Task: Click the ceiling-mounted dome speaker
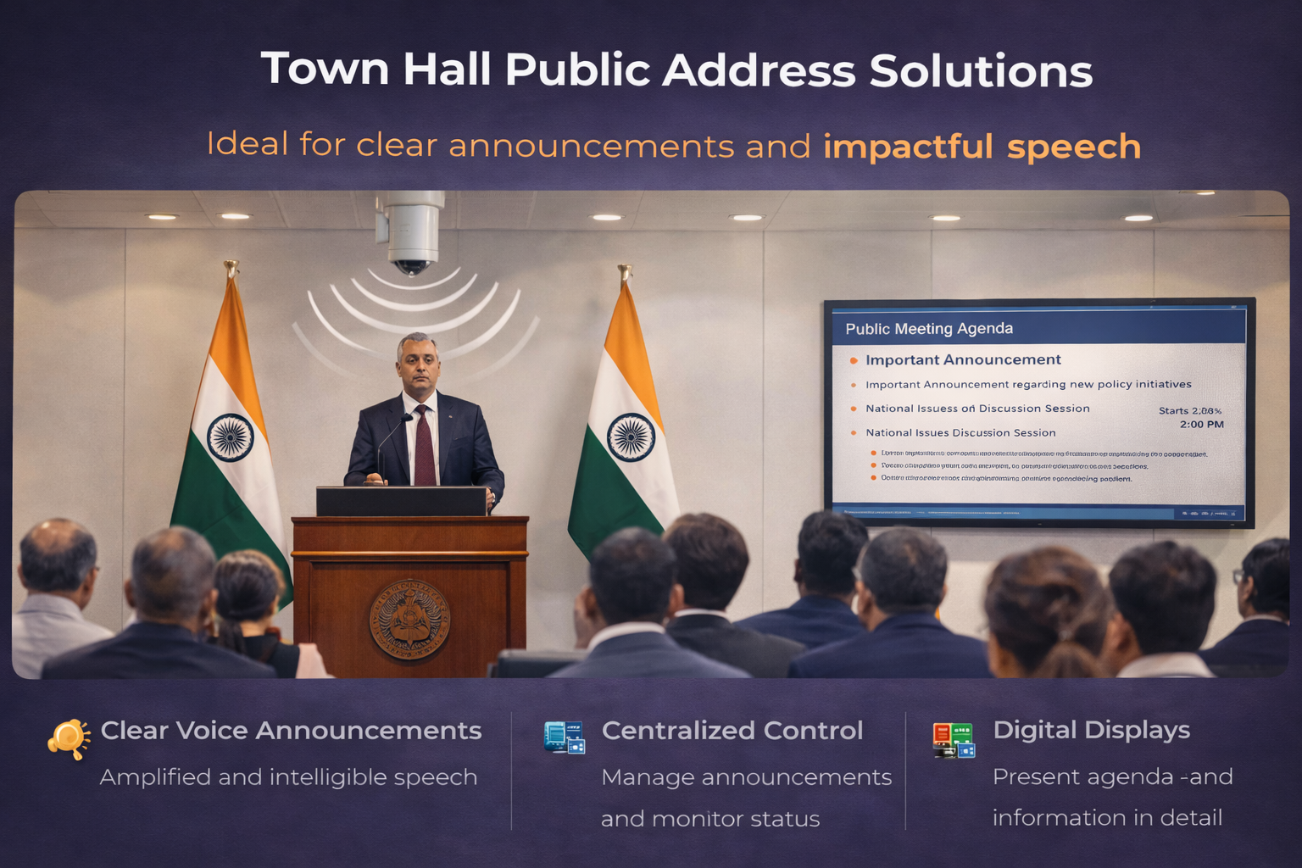click(411, 233)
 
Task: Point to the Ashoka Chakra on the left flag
click(231, 437)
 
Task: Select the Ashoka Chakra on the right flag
click(631, 437)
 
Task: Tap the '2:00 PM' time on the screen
click(1201, 424)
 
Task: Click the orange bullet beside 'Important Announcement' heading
click(854, 360)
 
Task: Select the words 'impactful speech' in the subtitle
click(982, 146)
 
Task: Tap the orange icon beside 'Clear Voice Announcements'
click(69, 738)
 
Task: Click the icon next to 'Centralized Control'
click(565, 737)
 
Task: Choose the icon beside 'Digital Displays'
click(954, 740)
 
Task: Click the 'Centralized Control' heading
click(732, 730)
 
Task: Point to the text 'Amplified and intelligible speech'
click(288, 776)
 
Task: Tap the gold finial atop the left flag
click(231, 269)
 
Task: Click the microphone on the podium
click(406, 419)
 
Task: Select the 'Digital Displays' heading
click(1091, 730)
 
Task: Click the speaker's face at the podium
click(418, 364)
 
